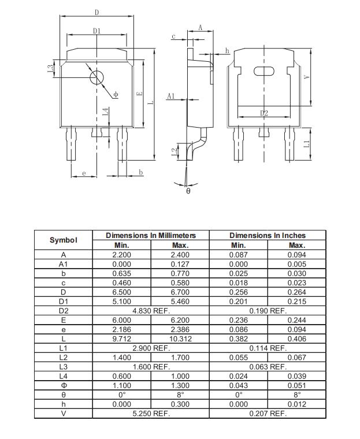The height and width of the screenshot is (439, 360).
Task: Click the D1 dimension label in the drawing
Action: (x=97, y=31)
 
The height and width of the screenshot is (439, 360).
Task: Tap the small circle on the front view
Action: (x=97, y=78)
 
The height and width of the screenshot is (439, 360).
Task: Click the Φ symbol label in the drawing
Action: (x=116, y=94)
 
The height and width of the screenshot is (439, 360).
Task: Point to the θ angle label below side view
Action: (x=188, y=190)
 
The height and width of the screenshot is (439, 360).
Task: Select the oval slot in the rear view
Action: (x=265, y=71)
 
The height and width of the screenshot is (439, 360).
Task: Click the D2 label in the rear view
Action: (x=264, y=113)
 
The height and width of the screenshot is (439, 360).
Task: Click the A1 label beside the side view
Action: (x=170, y=96)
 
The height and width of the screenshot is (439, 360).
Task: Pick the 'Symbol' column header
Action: (x=63, y=240)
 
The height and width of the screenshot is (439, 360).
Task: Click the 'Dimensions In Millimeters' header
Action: (x=151, y=236)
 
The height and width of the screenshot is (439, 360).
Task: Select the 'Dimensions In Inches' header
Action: (x=268, y=236)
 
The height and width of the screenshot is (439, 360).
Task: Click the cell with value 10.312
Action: (x=180, y=339)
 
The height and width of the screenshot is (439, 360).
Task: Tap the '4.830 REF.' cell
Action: (x=151, y=311)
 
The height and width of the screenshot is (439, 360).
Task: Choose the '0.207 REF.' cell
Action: (x=268, y=414)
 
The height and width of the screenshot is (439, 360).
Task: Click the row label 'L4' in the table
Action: (x=63, y=376)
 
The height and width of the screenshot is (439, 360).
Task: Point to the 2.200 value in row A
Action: (x=121, y=255)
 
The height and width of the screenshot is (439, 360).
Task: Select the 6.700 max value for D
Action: (x=180, y=292)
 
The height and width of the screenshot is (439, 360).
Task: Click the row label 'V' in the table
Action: (x=63, y=414)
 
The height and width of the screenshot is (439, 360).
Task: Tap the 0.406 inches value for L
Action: (x=297, y=339)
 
